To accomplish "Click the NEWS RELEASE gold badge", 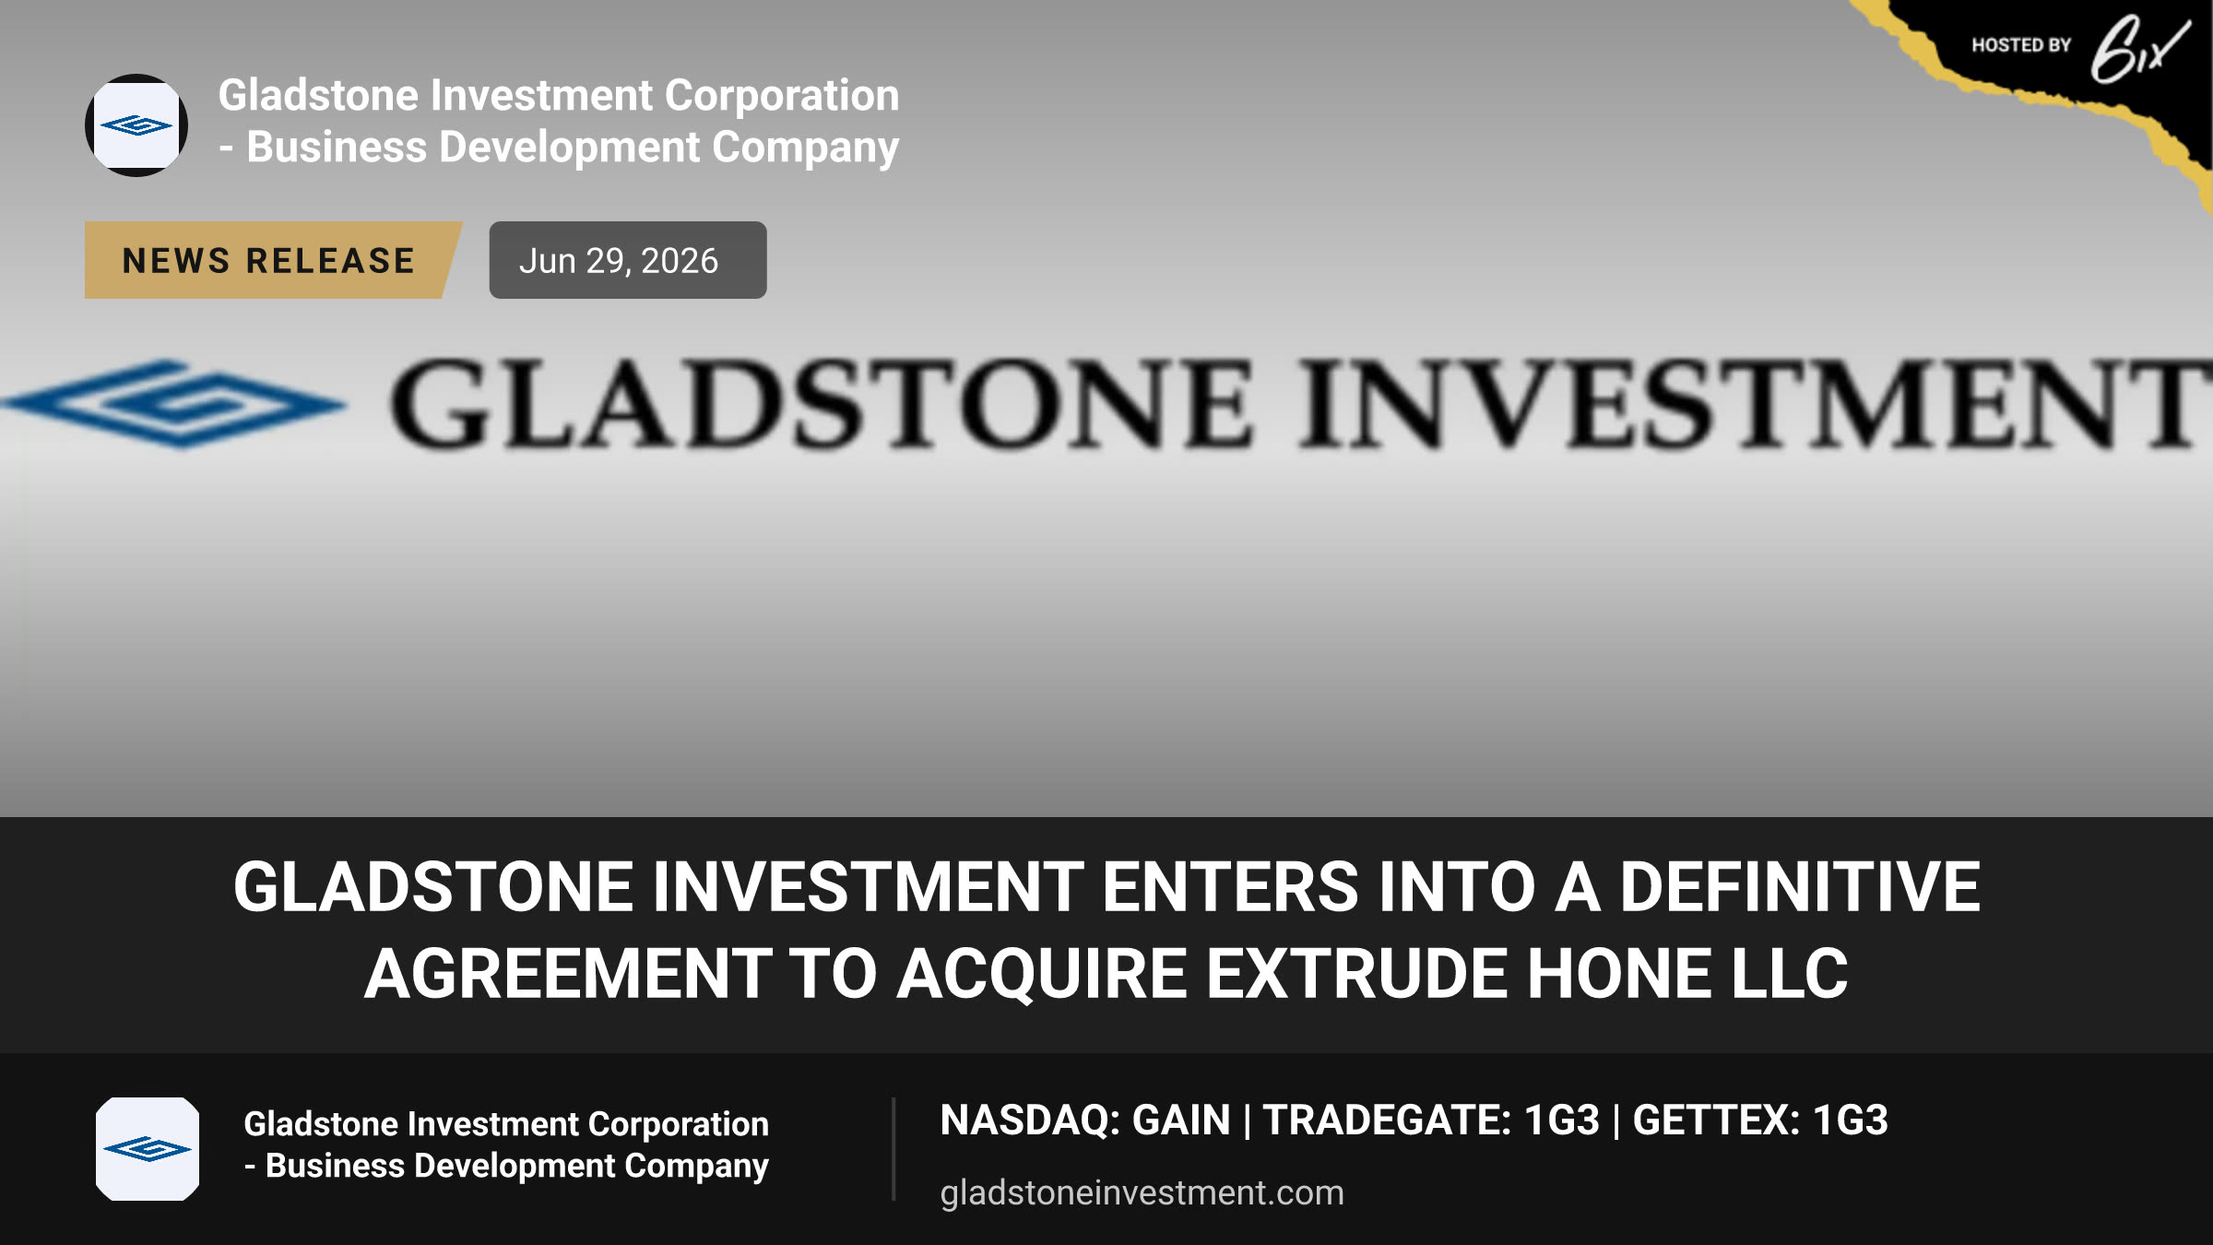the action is [x=272, y=260].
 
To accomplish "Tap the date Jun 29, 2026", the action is [x=619, y=261].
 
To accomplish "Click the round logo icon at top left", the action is [x=136, y=125].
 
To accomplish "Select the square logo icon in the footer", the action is [x=148, y=1149].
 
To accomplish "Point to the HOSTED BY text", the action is [x=2021, y=45].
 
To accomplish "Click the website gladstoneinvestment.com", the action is [x=1142, y=1192].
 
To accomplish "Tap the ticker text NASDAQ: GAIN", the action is [x=1085, y=1120].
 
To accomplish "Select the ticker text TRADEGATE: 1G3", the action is [x=1431, y=1120].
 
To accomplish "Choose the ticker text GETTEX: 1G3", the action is [x=1760, y=1120].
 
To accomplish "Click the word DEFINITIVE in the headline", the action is [x=1800, y=887].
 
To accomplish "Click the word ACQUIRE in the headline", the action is [x=1042, y=974].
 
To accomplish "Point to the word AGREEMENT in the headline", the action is [x=568, y=974].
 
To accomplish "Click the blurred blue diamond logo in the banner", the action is [x=173, y=404].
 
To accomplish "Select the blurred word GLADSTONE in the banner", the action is [x=821, y=404].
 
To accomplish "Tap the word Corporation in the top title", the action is [x=782, y=95].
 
